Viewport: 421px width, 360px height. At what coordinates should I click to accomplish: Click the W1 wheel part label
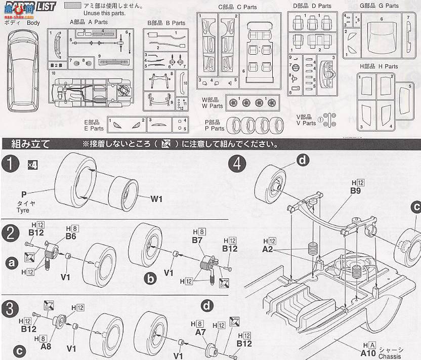click(156, 198)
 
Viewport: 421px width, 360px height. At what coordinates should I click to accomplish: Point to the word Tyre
click(23, 210)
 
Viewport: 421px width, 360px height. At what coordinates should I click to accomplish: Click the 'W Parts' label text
click(212, 106)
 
